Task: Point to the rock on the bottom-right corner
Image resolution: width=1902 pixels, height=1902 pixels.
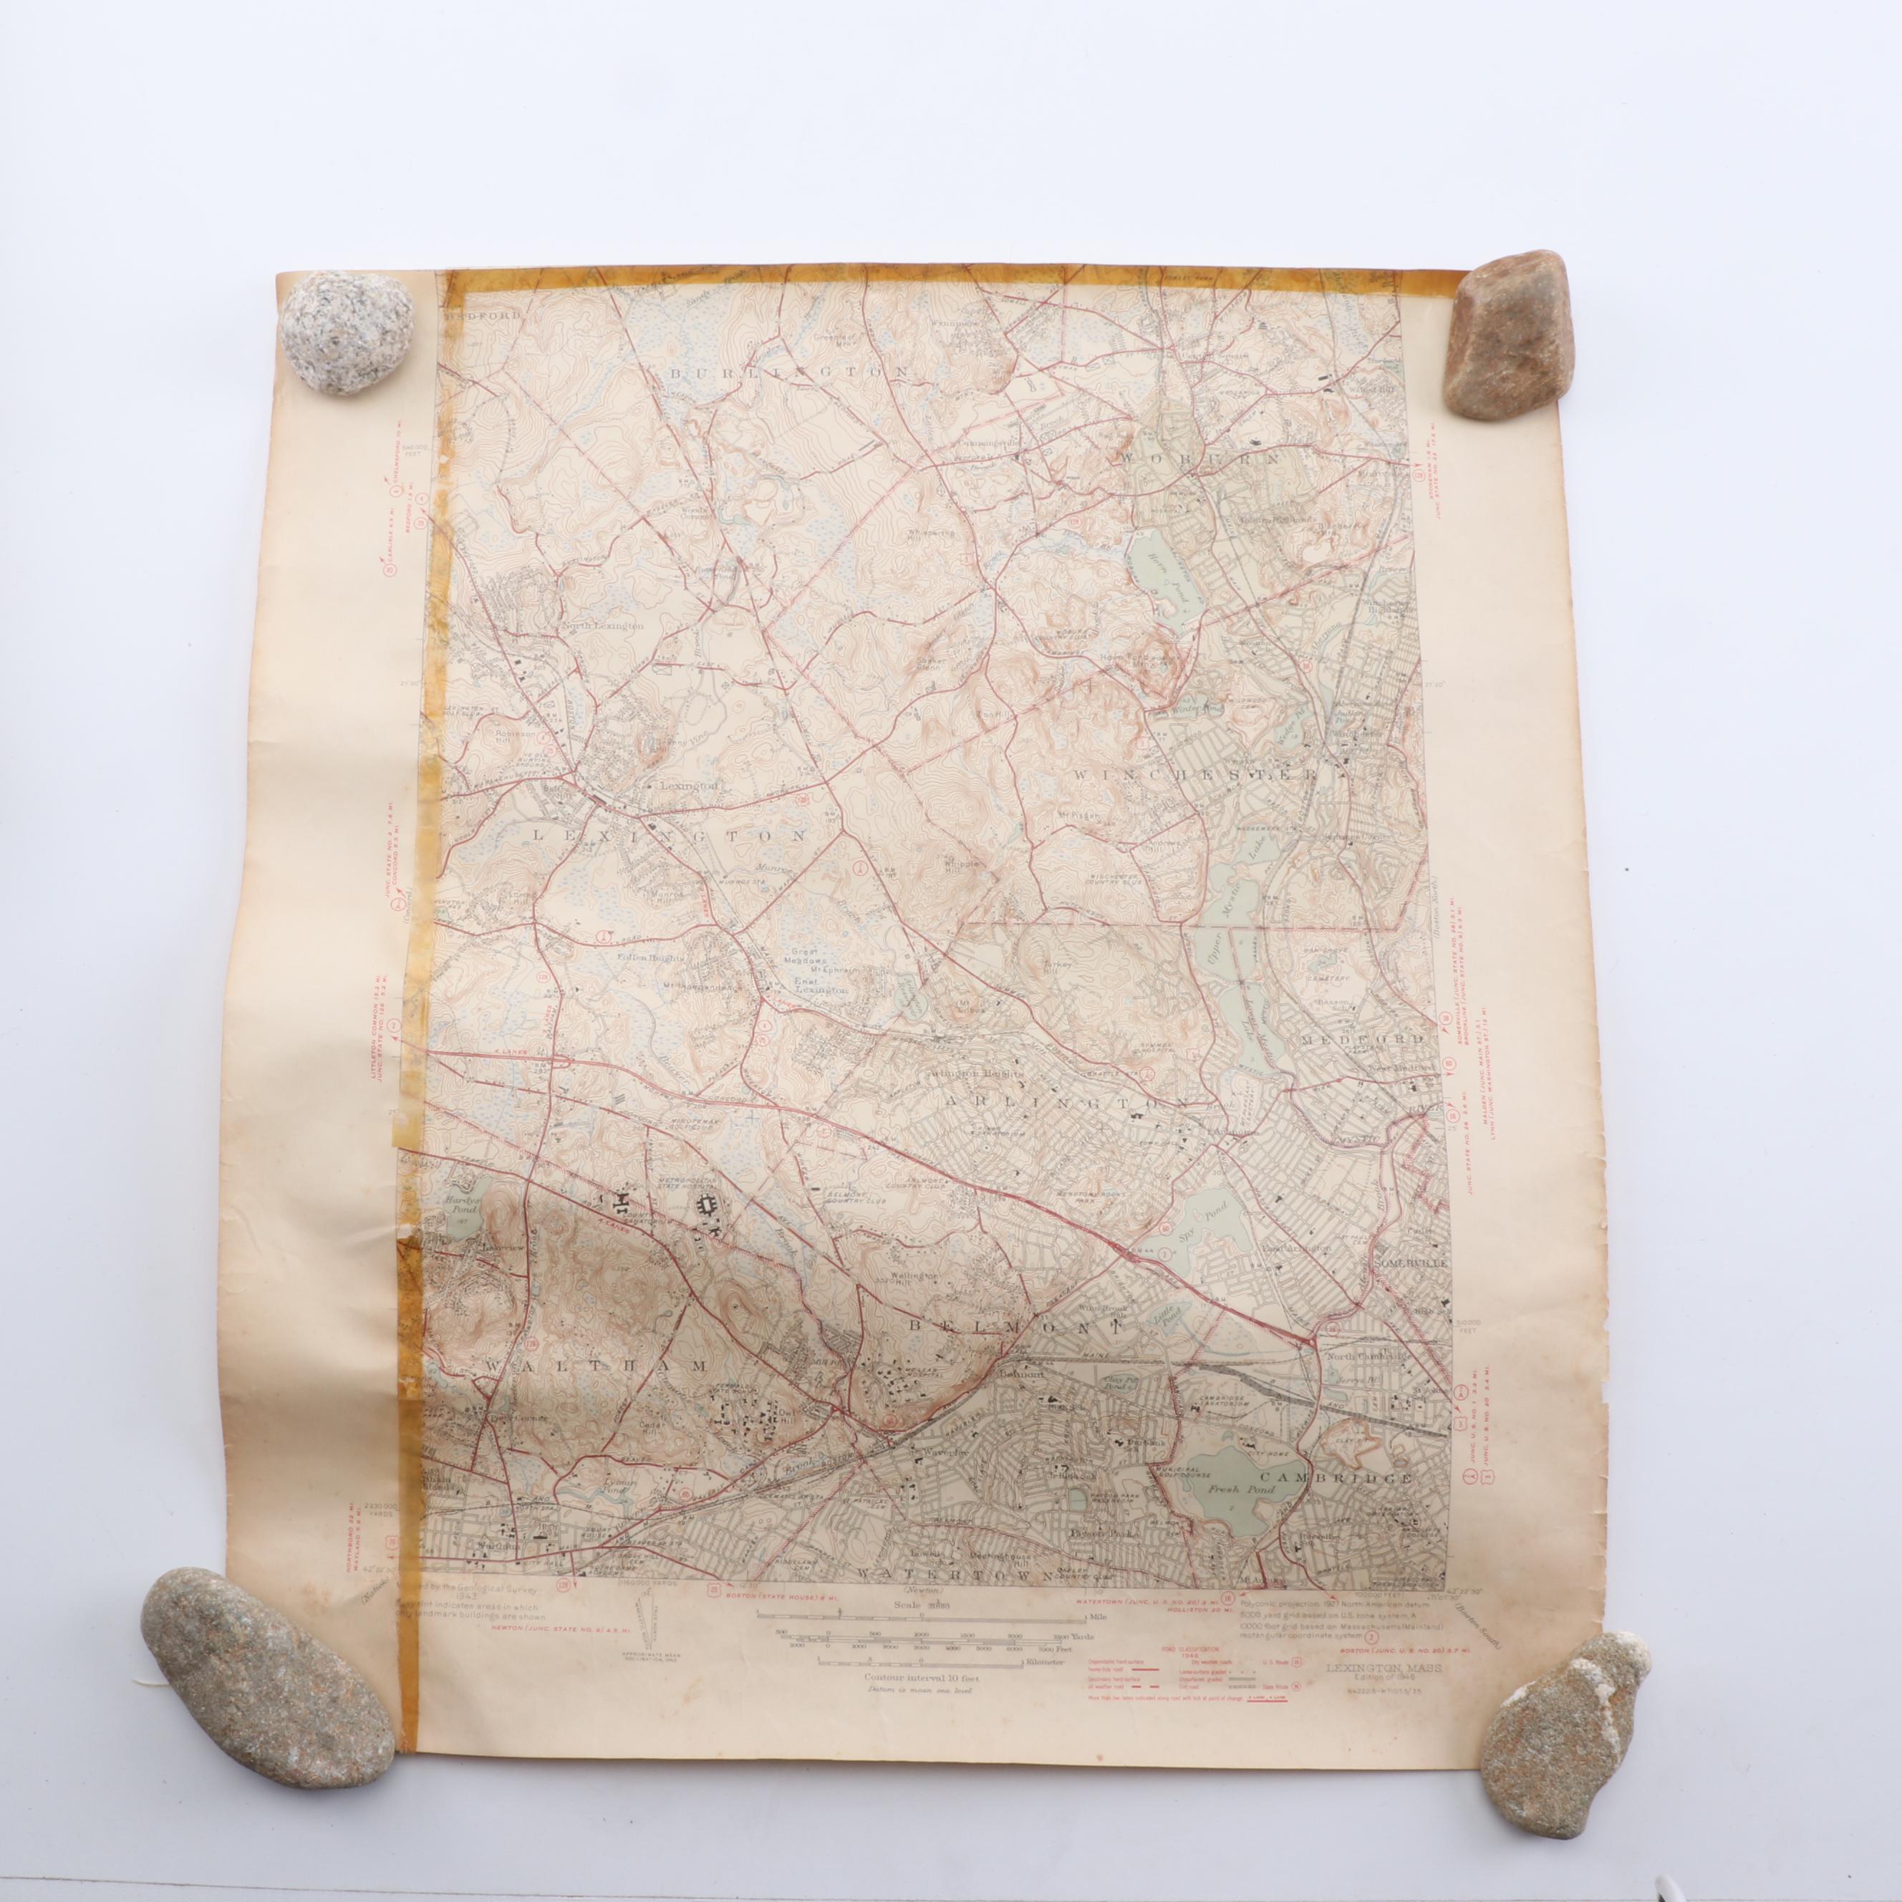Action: click(1563, 1698)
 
